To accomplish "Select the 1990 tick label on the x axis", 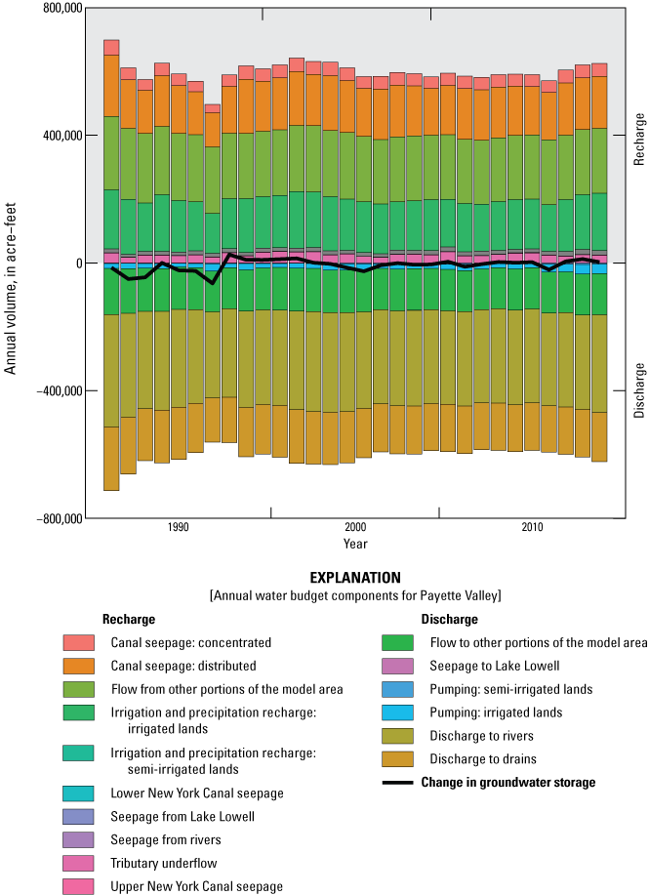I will (x=178, y=528).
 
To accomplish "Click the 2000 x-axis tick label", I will (x=355, y=528).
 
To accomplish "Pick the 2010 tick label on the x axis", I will (x=532, y=528).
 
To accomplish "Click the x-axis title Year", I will (x=355, y=543).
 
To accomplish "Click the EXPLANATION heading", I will (x=353, y=578).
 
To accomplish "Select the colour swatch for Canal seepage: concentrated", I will (x=79, y=643).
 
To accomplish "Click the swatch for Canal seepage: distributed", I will (x=79, y=666).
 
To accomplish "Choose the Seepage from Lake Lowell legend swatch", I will (x=79, y=817).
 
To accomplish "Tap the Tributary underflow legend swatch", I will (x=79, y=863).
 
